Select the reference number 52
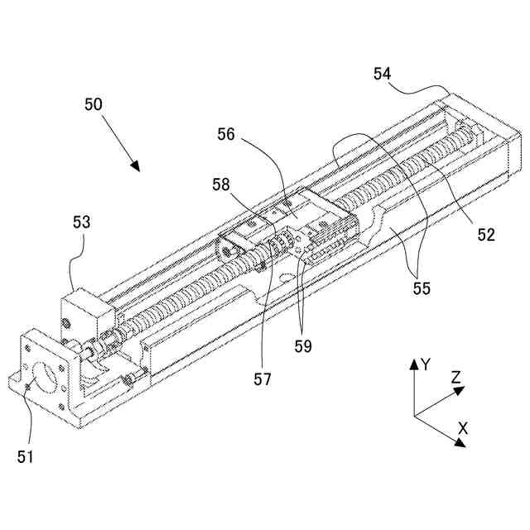[484, 234]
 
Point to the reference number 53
[82, 223]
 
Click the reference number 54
[382, 75]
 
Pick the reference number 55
[422, 290]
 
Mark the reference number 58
[220, 184]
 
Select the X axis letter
[463, 428]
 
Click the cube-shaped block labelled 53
[85, 316]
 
